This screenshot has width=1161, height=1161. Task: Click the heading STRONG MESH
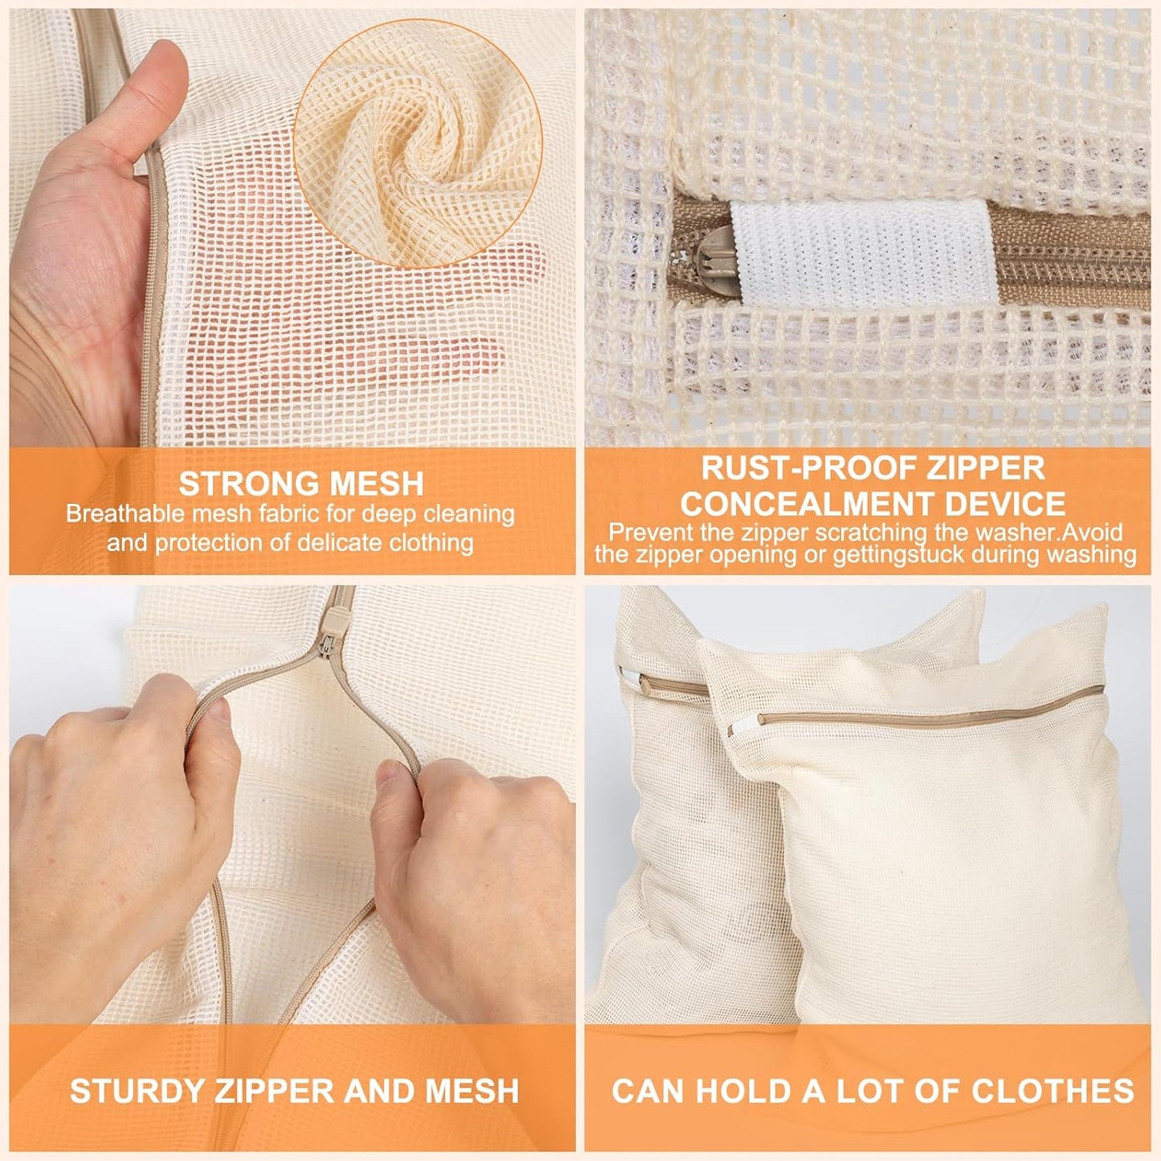[x=300, y=484]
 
